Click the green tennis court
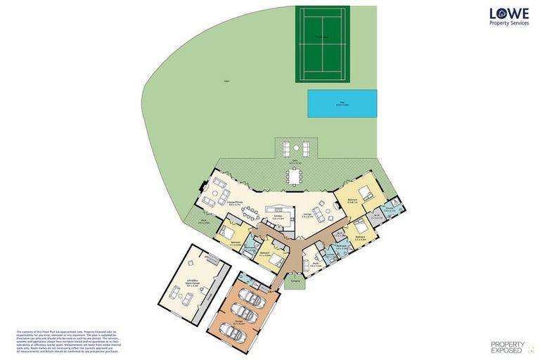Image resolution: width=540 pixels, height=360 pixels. [x=322, y=44]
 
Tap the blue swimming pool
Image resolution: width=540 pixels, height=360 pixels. [x=341, y=103]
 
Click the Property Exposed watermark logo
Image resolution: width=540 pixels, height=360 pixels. [x=506, y=345]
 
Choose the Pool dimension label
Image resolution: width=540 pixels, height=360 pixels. [x=341, y=104]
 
